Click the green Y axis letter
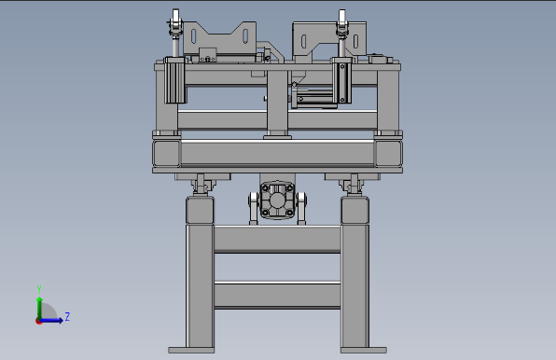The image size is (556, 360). click(39, 289)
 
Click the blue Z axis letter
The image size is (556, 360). click(67, 316)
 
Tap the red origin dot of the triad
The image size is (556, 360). click(38, 321)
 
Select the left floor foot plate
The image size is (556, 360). click(191, 350)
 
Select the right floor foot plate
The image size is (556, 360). click(364, 350)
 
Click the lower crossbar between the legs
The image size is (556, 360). click(277, 295)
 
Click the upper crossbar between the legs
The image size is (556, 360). click(277, 239)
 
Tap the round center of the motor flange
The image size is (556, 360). click(277, 201)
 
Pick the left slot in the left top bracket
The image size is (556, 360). click(194, 35)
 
